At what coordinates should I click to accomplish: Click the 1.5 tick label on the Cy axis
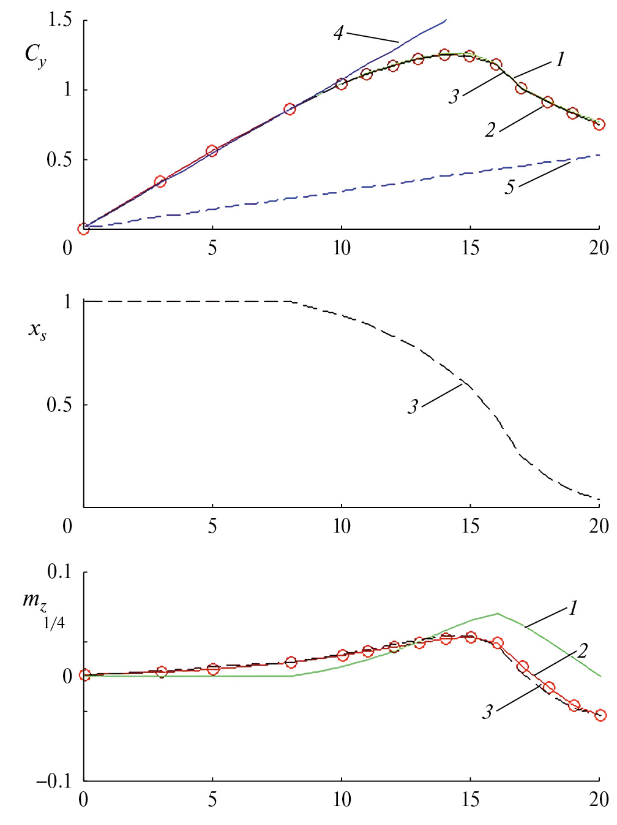(59, 20)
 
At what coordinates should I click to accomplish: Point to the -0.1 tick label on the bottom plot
(54, 781)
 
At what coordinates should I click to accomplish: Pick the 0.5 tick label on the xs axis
(59, 405)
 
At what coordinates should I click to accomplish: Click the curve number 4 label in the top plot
(338, 32)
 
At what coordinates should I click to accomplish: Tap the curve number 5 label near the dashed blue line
(509, 187)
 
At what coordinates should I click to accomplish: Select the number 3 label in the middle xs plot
(414, 406)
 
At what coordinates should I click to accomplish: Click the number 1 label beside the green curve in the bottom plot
(573, 608)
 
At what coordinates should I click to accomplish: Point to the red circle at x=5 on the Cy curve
(212, 151)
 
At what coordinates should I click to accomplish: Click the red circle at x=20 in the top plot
(599, 124)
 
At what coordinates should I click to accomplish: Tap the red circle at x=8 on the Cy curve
(290, 109)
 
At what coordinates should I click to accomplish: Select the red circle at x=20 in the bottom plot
(600, 715)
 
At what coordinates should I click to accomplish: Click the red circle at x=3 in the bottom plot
(162, 672)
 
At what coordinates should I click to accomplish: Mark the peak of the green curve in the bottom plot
(497, 613)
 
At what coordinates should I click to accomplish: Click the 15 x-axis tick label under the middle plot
(471, 525)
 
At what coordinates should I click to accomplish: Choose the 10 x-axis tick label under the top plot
(342, 248)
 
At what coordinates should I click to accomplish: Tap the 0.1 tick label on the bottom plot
(59, 572)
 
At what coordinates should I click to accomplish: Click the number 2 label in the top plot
(490, 130)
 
